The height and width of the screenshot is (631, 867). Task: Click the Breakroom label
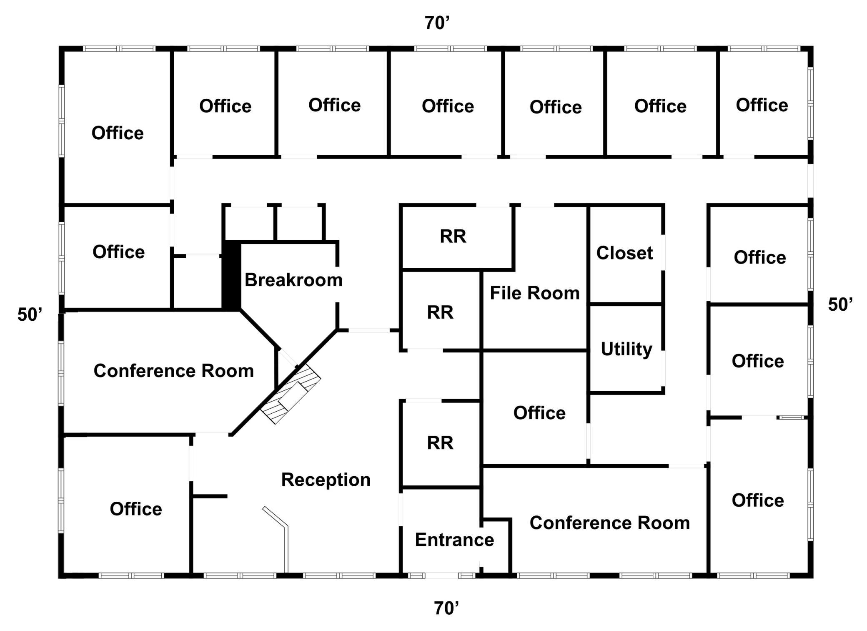[x=293, y=280]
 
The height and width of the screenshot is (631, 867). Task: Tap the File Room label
[x=535, y=293]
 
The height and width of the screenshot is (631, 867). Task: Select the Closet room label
[x=624, y=253]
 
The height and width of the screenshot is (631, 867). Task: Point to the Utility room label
[x=626, y=349]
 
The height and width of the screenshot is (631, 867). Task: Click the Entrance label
[x=454, y=540]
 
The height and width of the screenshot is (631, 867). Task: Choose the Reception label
[x=326, y=480]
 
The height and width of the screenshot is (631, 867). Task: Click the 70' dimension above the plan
[x=437, y=23]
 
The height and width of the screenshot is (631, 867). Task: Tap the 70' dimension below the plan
[x=446, y=608]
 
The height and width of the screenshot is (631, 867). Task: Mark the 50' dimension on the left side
[x=30, y=314]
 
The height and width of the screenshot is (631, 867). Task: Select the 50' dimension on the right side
[x=840, y=304]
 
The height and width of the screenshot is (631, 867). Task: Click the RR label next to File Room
[x=440, y=312]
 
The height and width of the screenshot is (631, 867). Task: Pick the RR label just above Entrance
[x=440, y=442]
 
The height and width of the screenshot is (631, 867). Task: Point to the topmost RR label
[x=453, y=236]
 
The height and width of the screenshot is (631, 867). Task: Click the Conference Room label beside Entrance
[x=610, y=523]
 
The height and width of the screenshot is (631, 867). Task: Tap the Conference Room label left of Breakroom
[x=174, y=370]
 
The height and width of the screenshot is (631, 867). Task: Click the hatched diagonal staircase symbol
[x=291, y=394]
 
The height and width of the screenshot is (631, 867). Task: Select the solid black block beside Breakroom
[x=231, y=276]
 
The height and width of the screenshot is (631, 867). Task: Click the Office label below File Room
[x=539, y=413]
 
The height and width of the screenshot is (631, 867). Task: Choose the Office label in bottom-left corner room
[x=136, y=509]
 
